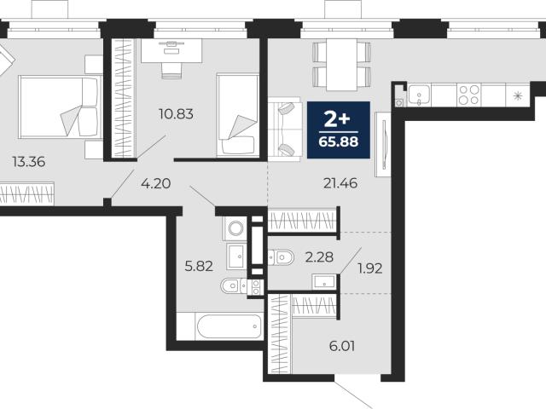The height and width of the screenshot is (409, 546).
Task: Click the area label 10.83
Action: pyautogui.click(x=176, y=113)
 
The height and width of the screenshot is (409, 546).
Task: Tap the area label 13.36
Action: pyautogui.click(x=28, y=162)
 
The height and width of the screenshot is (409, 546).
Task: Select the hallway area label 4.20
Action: pyautogui.click(x=155, y=183)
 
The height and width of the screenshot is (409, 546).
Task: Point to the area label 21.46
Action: pyautogui.click(x=340, y=183)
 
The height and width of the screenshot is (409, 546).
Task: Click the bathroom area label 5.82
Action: pyautogui.click(x=199, y=267)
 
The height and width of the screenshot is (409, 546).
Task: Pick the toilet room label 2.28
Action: pyautogui.click(x=319, y=257)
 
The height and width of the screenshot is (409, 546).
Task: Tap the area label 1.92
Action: pyautogui.click(x=369, y=268)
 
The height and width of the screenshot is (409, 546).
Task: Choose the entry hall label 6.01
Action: pyautogui.click(x=342, y=346)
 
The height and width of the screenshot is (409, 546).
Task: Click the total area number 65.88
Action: pyautogui.click(x=339, y=142)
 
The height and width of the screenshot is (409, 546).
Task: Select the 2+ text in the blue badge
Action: pyautogui.click(x=337, y=119)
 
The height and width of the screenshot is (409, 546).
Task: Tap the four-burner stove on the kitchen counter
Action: pyautogui.click(x=468, y=95)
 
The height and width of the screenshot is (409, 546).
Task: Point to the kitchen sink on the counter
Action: pyautogui.click(x=420, y=95)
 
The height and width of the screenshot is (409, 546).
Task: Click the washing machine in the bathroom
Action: pyautogui.click(x=235, y=228)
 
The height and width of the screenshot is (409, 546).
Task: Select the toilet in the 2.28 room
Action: pyautogui.click(x=281, y=257)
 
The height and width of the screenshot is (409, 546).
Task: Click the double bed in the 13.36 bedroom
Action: pyautogui.click(x=59, y=107)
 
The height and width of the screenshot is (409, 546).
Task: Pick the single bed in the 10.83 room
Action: pyautogui.click(x=238, y=115)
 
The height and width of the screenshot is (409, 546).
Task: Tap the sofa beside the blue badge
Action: pyautogui.click(x=284, y=130)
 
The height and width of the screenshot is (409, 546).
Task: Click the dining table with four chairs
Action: pyautogui.click(x=341, y=65)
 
